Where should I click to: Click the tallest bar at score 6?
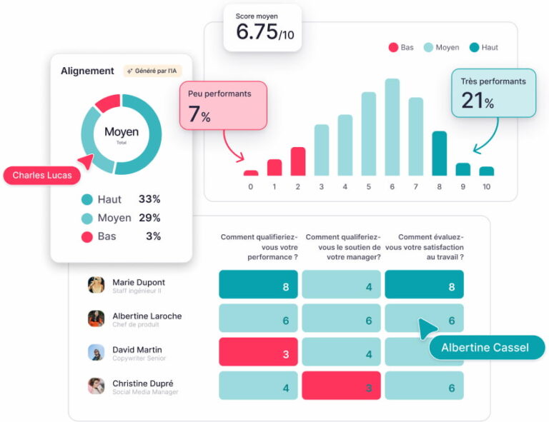[392, 127]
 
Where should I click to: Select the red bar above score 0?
[250, 173]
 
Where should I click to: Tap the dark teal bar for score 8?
[440, 154]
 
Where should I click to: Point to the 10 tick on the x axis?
[486, 187]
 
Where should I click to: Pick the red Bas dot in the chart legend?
[393, 48]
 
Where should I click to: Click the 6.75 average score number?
[256, 32]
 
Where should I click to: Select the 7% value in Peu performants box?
[199, 114]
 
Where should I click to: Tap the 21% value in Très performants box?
[477, 101]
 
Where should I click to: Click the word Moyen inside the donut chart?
[122, 132]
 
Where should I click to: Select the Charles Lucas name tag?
[41, 176]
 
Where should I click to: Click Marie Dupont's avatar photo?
[96, 285]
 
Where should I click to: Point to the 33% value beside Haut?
[149, 200]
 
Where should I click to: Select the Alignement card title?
[87, 71]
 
